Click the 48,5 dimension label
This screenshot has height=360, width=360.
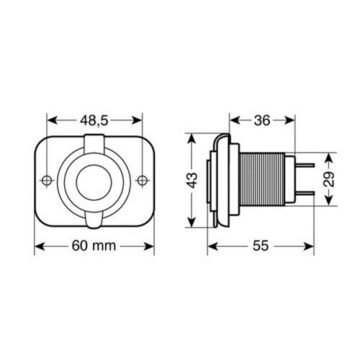pyautogui.click(x=94, y=120)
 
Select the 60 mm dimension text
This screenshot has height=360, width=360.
pyautogui.click(x=94, y=246)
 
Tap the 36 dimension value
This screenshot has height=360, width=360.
pyautogui.click(x=262, y=120)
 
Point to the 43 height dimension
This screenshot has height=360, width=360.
pyautogui.click(x=192, y=180)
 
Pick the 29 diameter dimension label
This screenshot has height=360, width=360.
pyautogui.click(x=330, y=179)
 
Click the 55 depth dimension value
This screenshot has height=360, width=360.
pyautogui.click(x=261, y=246)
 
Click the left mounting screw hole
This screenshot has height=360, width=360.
pyautogui.click(x=47, y=180)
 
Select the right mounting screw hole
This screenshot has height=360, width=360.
pyautogui.click(x=143, y=180)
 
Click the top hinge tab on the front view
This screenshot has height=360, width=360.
pyautogui.click(x=94, y=145)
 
